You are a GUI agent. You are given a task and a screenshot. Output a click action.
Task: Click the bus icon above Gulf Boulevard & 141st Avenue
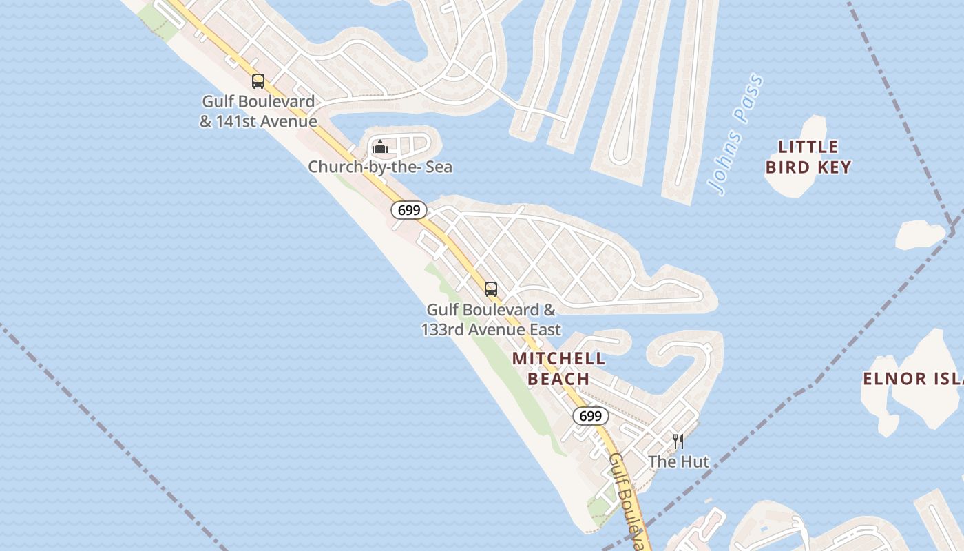pyautogui.click(x=258, y=81)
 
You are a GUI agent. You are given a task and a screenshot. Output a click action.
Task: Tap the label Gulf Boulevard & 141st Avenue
pyautogui.click(x=258, y=112)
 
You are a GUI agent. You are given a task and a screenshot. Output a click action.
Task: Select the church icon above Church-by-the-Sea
pyautogui.click(x=379, y=147)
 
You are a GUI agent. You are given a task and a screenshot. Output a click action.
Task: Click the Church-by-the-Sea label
pyautogui.click(x=380, y=167)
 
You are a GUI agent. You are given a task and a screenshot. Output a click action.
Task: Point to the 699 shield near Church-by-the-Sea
pyautogui.click(x=409, y=210)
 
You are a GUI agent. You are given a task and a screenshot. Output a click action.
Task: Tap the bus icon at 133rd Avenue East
pyautogui.click(x=490, y=289)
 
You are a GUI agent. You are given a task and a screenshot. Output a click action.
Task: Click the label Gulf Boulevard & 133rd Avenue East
pyautogui.click(x=491, y=320)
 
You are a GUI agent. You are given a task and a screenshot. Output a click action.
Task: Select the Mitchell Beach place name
pyautogui.click(x=558, y=368)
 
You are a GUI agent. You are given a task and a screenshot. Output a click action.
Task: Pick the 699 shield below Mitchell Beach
pyautogui.click(x=591, y=416)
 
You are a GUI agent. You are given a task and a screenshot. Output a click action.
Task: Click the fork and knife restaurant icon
pyautogui.click(x=678, y=441)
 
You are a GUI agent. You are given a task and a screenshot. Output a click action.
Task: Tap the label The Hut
pyautogui.click(x=678, y=461)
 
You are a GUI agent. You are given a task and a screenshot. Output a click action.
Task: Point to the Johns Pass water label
pyautogui.click(x=735, y=134)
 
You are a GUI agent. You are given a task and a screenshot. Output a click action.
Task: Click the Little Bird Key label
pyautogui.click(x=808, y=157)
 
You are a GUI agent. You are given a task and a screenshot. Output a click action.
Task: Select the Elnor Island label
pyautogui.click(x=912, y=378)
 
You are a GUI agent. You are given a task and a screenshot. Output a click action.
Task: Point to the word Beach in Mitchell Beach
pyautogui.click(x=558, y=379)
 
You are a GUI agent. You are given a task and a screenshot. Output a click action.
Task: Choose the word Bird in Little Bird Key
pyautogui.click(x=787, y=167)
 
